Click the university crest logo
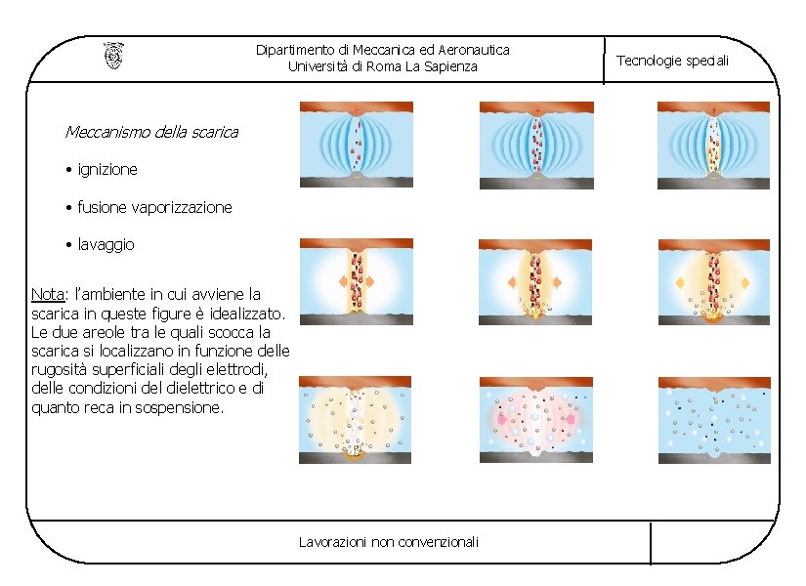coord(113,56)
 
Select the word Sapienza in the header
coord(448,66)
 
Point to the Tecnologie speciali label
coord(672,61)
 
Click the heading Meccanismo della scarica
coord(151,131)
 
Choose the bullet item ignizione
coord(107,169)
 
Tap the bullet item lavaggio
coord(106,244)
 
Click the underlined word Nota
coord(47,294)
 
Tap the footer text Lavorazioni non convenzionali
coord(388,541)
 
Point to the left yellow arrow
coord(679,282)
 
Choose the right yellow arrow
coord(744,282)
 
